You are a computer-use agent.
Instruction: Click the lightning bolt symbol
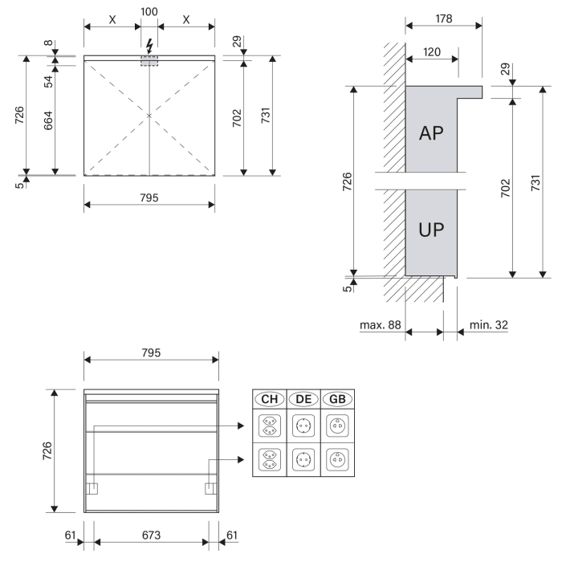coord(149,43)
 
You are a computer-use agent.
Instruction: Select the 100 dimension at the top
coord(149,12)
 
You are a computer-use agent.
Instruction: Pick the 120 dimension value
coord(432,51)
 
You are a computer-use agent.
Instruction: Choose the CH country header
coord(270,399)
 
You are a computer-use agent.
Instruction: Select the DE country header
coord(303,399)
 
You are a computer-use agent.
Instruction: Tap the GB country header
coord(337,399)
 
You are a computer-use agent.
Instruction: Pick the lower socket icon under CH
coord(270,462)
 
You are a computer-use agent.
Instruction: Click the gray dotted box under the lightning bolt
coord(149,61)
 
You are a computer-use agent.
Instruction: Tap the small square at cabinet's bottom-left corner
coord(92,487)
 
